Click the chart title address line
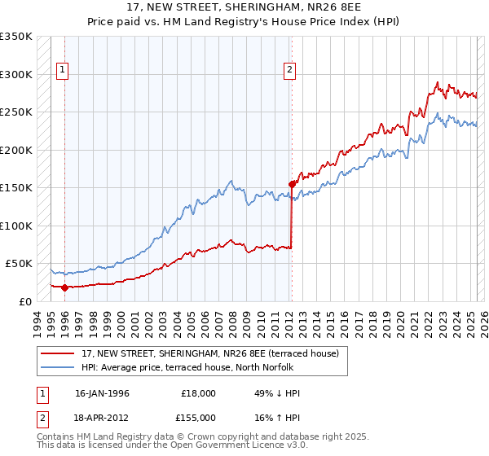point(244,7)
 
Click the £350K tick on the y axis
point(16,37)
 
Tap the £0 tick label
point(25,301)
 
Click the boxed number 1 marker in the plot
point(64,71)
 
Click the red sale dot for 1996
point(64,287)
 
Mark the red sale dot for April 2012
point(291,184)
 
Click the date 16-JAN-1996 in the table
point(102,393)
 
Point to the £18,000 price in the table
point(199,393)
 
